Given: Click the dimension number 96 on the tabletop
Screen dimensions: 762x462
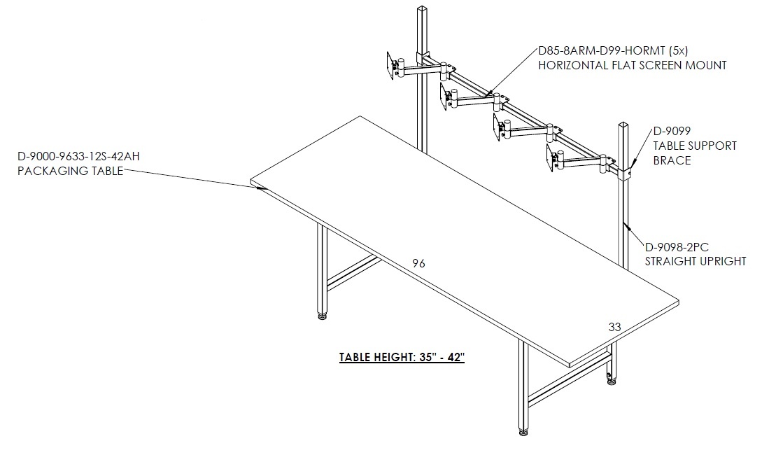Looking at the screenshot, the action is coord(418,264).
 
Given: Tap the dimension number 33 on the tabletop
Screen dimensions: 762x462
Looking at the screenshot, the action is coord(615,328).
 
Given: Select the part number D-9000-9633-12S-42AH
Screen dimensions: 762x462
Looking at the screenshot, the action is coord(79,156).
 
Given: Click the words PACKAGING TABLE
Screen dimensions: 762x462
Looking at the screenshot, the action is coord(71,171).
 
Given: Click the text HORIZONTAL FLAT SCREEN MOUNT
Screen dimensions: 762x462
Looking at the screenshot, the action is coord(633,65).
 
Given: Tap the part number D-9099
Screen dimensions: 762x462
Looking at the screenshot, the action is coord(672,131).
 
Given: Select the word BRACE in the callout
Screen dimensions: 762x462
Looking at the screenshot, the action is coord(672,160).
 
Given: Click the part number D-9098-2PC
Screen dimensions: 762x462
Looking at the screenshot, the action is coord(677,247).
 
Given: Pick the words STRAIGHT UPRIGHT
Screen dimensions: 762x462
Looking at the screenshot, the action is coord(696,262).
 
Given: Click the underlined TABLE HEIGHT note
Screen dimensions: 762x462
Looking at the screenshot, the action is coord(402,358).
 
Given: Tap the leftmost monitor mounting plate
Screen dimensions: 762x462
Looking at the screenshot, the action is coord(390,64).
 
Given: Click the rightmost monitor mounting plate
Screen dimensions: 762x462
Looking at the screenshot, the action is coord(551,158).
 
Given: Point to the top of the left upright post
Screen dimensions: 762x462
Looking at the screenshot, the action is coord(422,8).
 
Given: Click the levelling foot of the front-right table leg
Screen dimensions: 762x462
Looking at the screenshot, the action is coord(523,431).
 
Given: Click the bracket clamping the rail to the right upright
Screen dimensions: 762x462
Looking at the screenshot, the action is coord(625,173).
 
